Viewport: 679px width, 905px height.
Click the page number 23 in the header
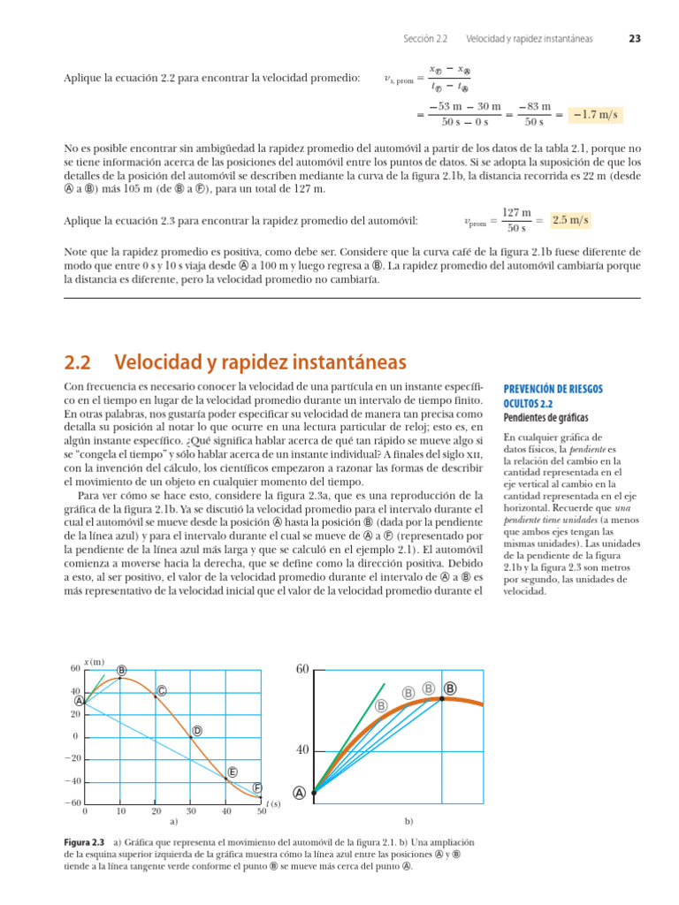635,39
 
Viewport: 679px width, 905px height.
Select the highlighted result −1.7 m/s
595,115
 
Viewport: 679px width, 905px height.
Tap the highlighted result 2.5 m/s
570,219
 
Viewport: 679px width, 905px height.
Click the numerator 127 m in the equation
516,213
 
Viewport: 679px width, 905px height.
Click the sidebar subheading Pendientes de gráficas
545,417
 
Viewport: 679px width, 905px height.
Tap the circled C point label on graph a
162,690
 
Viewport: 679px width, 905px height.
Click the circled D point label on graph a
197,730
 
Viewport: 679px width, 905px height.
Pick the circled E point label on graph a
233,772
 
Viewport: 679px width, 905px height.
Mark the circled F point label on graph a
257,787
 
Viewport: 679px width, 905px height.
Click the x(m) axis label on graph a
94,661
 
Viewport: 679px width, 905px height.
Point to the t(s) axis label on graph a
273,803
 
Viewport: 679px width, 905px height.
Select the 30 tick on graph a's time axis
191,810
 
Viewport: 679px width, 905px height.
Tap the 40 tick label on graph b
301,750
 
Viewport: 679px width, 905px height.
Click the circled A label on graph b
300,794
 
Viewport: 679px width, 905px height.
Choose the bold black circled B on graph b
450,688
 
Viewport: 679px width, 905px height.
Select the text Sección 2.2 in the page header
425,39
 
